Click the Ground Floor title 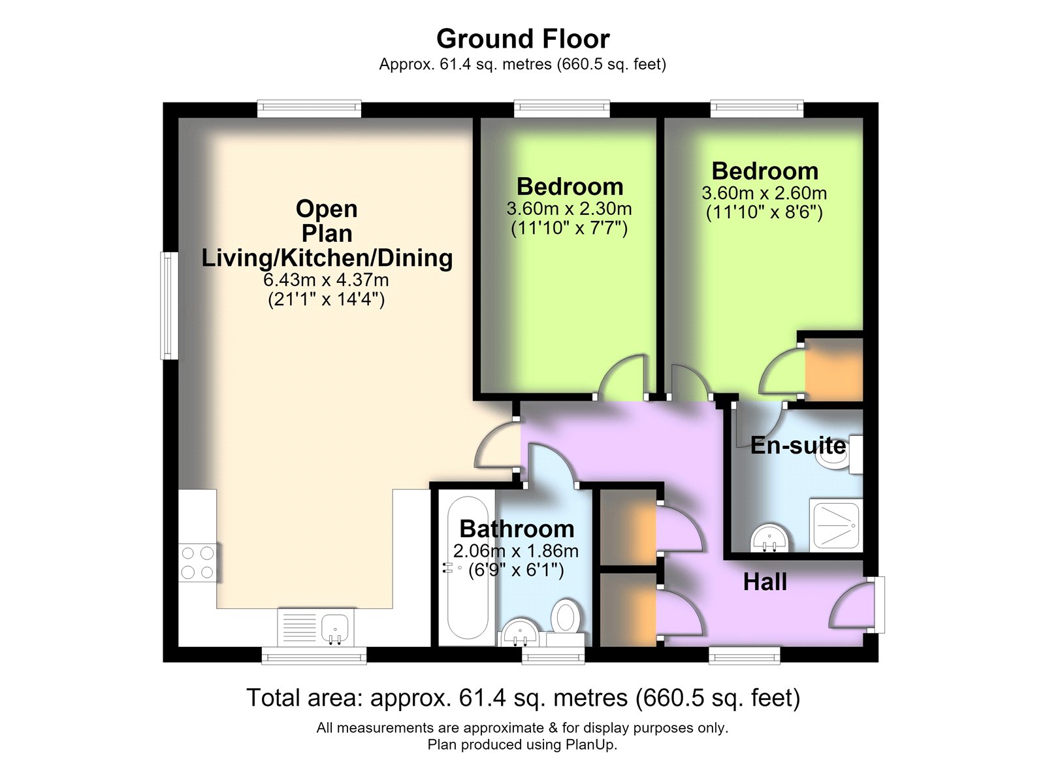click(522, 39)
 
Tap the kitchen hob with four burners click(198, 563)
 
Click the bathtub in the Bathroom click(467, 567)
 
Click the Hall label click(765, 582)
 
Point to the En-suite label click(797, 446)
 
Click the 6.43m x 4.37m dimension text click(326, 280)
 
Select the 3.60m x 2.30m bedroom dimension click(569, 208)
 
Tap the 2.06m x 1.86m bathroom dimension click(515, 552)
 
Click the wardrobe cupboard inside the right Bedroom click(833, 369)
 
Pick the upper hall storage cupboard click(628, 527)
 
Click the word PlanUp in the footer click(590, 744)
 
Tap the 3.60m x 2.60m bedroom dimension click(764, 193)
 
